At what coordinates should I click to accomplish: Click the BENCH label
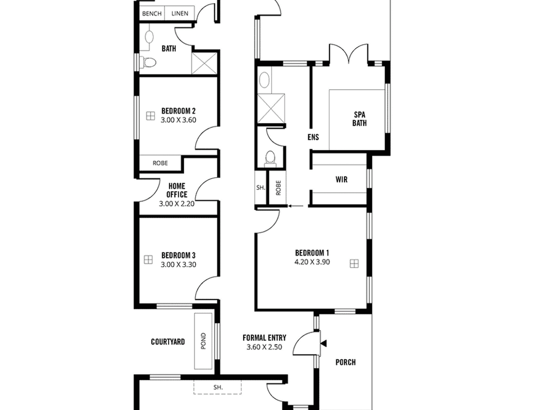pyautogui.click(x=151, y=14)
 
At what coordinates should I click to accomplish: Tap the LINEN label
pyautogui.click(x=180, y=14)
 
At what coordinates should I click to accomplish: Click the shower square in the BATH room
pyautogui.click(x=204, y=63)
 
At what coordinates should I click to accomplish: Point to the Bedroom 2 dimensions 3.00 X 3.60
pyautogui.click(x=178, y=120)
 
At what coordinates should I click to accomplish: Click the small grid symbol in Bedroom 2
pyautogui.click(x=150, y=116)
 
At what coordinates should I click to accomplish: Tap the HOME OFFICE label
pyautogui.click(x=177, y=190)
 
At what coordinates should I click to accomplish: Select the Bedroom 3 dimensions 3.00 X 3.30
pyautogui.click(x=178, y=264)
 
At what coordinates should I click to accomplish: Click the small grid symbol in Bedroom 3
pyautogui.click(x=148, y=260)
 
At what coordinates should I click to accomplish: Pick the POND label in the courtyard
pyautogui.click(x=203, y=341)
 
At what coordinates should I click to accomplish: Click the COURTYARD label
pyautogui.click(x=168, y=342)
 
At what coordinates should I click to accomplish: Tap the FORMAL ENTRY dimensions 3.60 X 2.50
pyautogui.click(x=264, y=347)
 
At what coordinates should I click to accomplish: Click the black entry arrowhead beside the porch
pyautogui.click(x=324, y=343)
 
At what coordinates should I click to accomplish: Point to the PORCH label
pyautogui.click(x=346, y=362)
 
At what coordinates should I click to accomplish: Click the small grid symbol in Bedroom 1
pyautogui.click(x=354, y=263)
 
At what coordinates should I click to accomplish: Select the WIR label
pyautogui.click(x=341, y=179)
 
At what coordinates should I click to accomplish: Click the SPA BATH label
pyautogui.click(x=360, y=119)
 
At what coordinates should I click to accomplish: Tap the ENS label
pyautogui.click(x=313, y=137)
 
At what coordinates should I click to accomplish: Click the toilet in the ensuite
pyautogui.click(x=270, y=159)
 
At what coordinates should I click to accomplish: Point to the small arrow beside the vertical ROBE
pyautogui.click(x=296, y=206)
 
